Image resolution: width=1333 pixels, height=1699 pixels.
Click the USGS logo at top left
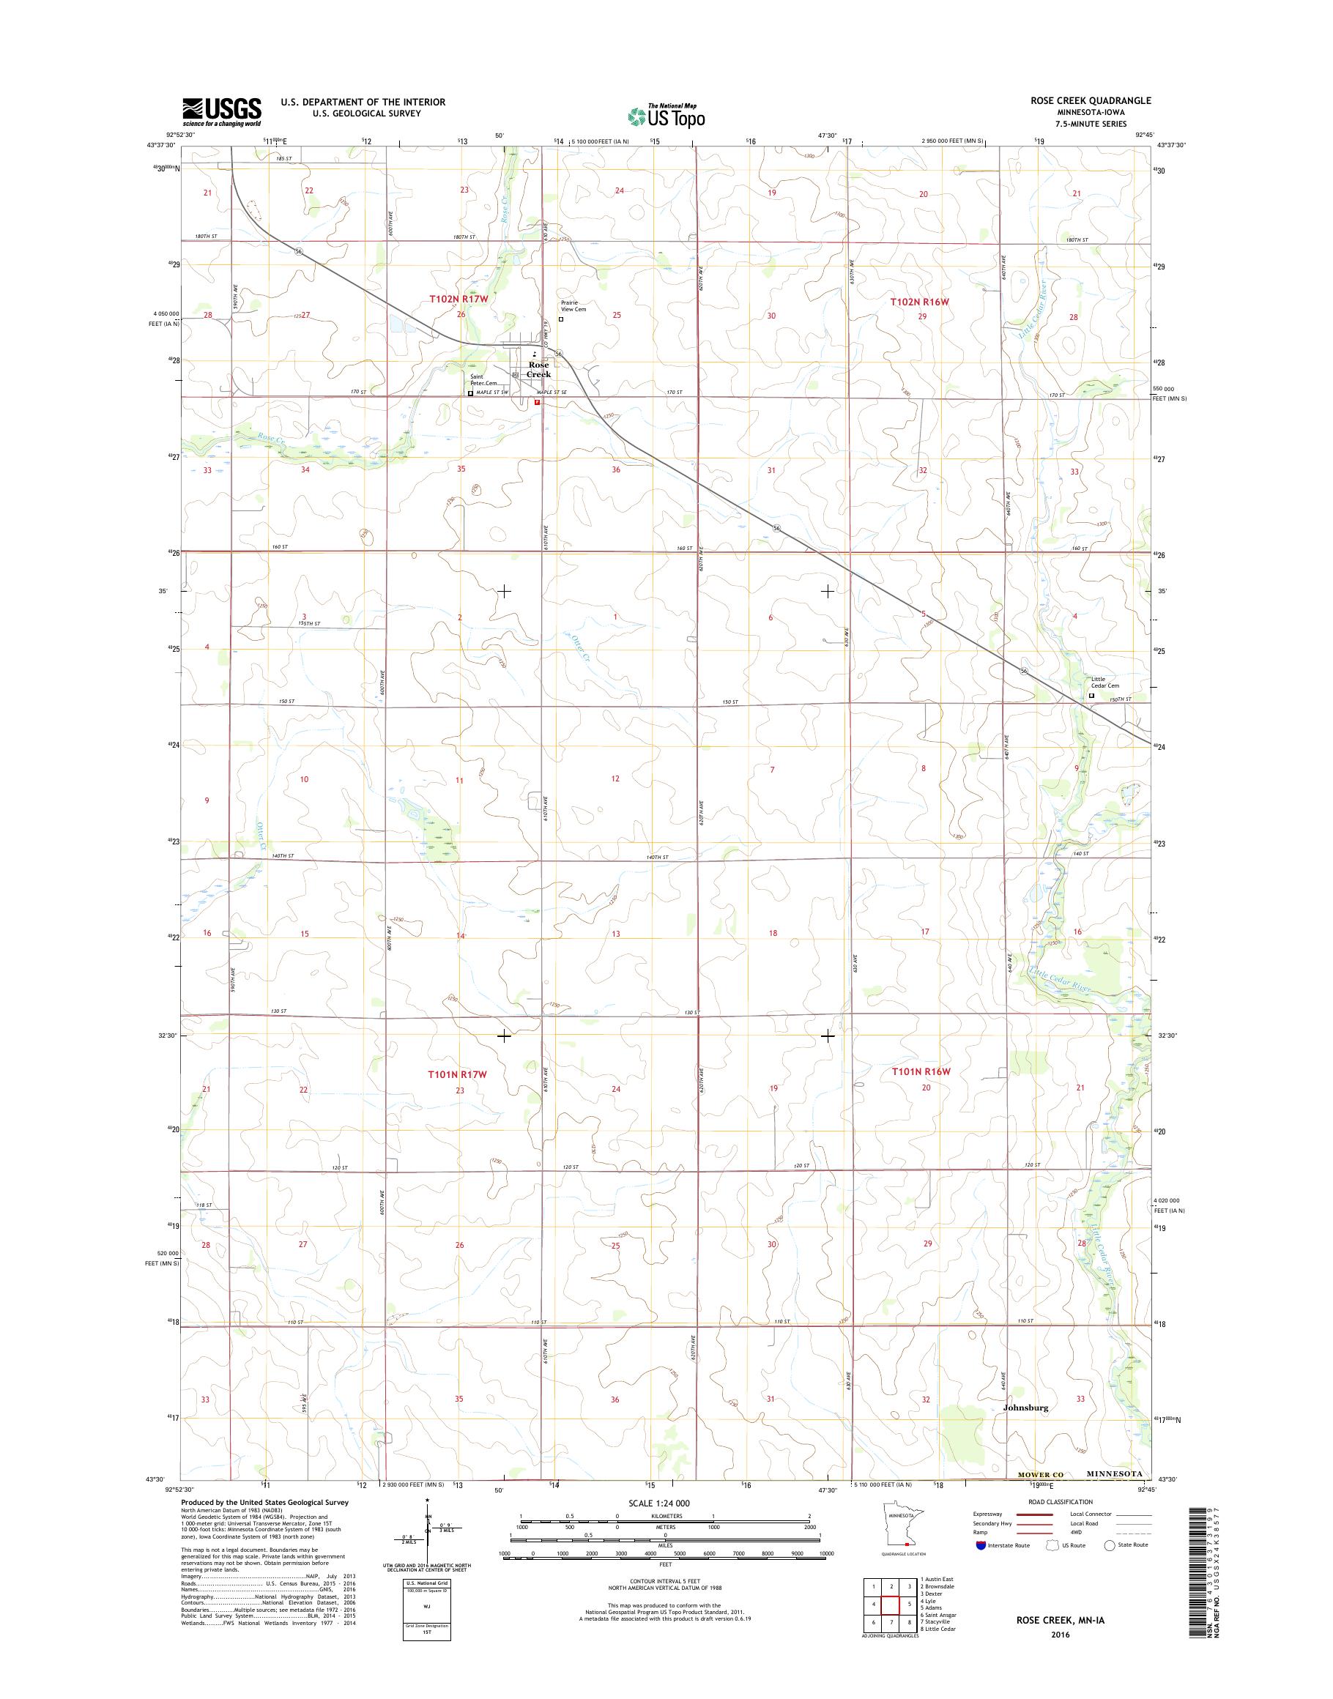[x=222, y=111]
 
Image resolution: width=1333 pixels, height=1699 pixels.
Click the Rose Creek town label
[x=538, y=369]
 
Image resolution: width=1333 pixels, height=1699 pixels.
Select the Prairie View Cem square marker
[x=561, y=319]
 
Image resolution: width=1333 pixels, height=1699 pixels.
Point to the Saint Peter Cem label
[x=483, y=379]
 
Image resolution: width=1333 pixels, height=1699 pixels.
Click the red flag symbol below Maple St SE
[x=537, y=403]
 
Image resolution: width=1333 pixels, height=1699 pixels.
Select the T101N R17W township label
[x=457, y=1074]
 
